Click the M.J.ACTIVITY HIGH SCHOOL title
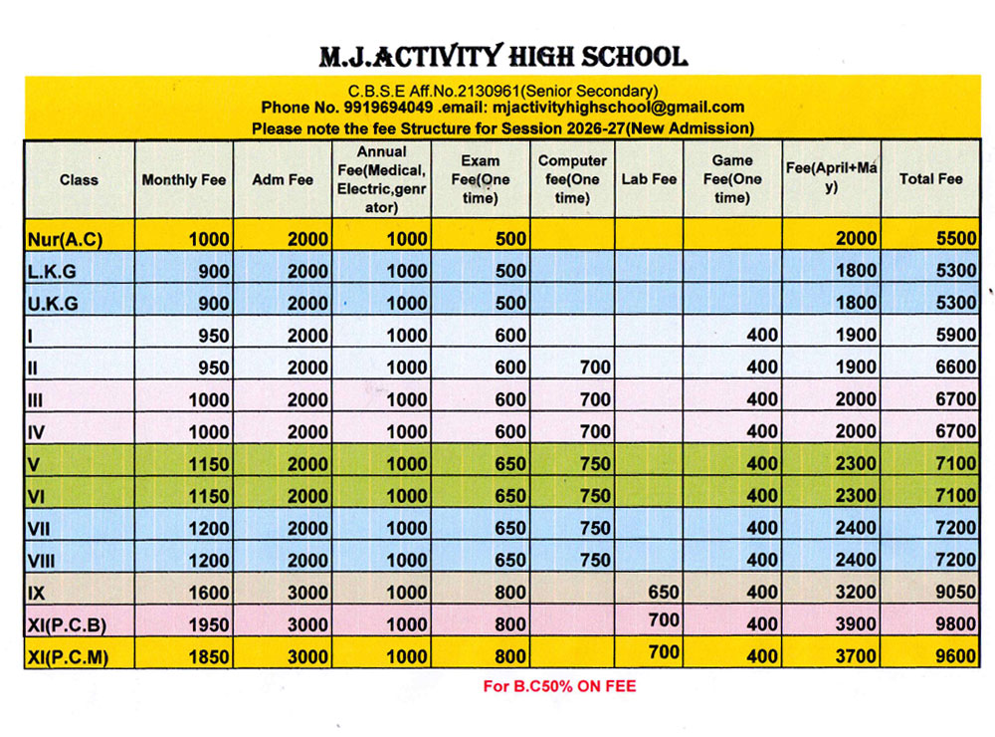point(502,56)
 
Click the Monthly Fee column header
point(184,180)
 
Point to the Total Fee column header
point(930,179)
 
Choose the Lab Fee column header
point(649,179)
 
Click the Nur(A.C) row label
point(66,239)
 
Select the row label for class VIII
point(41,561)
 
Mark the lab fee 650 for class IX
point(663,591)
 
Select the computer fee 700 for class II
point(594,368)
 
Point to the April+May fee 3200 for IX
point(857,593)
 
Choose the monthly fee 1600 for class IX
point(208,593)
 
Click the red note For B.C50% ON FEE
point(559,686)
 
